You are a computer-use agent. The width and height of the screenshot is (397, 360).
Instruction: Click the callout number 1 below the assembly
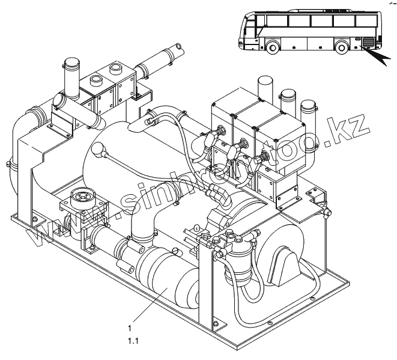(130, 328)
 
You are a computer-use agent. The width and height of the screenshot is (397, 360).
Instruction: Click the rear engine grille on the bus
(366, 43)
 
